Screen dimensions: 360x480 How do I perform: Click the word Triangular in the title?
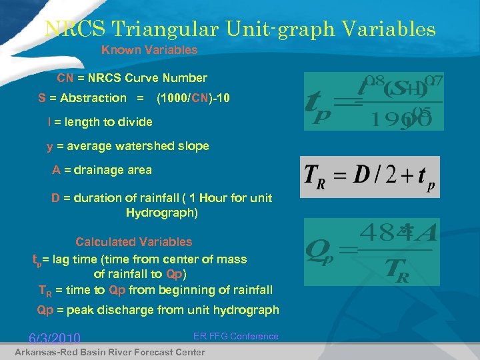pyautogui.click(x=169, y=29)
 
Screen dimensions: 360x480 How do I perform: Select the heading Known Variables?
pyautogui.click(x=149, y=50)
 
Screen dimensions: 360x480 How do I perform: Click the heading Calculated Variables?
pyautogui.click(x=133, y=242)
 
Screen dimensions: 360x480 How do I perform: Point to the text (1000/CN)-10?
pyautogui.click(x=193, y=98)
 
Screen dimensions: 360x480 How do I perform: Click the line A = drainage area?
pyautogui.click(x=102, y=170)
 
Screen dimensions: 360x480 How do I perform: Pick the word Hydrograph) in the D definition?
pyautogui.click(x=162, y=213)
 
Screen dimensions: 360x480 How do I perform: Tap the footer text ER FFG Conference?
pyautogui.click(x=236, y=336)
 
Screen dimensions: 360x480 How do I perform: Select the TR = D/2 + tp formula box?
pyautogui.click(x=370, y=177)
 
